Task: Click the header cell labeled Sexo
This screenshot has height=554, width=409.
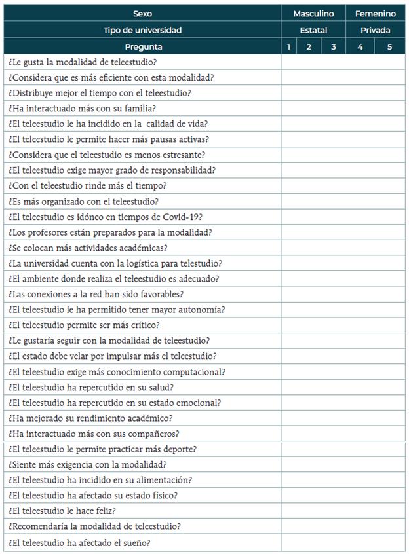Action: (x=142, y=13)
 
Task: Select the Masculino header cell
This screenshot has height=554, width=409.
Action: (x=313, y=13)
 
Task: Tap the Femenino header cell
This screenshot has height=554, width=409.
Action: (x=376, y=13)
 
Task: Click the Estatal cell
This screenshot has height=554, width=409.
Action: (x=313, y=30)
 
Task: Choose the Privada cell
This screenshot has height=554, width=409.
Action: (x=376, y=30)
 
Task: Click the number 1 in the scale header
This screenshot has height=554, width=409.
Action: (x=288, y=46)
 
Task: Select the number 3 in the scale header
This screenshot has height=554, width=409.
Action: (x=333, y=46)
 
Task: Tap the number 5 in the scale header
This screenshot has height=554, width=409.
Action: (x=389, y=46)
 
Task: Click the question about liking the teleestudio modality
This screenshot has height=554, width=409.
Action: (x=83, y=62)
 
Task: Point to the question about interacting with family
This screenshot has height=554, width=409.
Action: (x=82, y=109)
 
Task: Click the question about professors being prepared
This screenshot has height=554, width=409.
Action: (x=110, y=232)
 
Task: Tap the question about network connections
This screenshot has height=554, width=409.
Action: (x=96, y=294)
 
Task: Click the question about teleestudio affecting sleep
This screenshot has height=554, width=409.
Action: (x=79, y=542)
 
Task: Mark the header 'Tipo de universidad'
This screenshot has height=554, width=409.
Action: (x=142, y=30)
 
